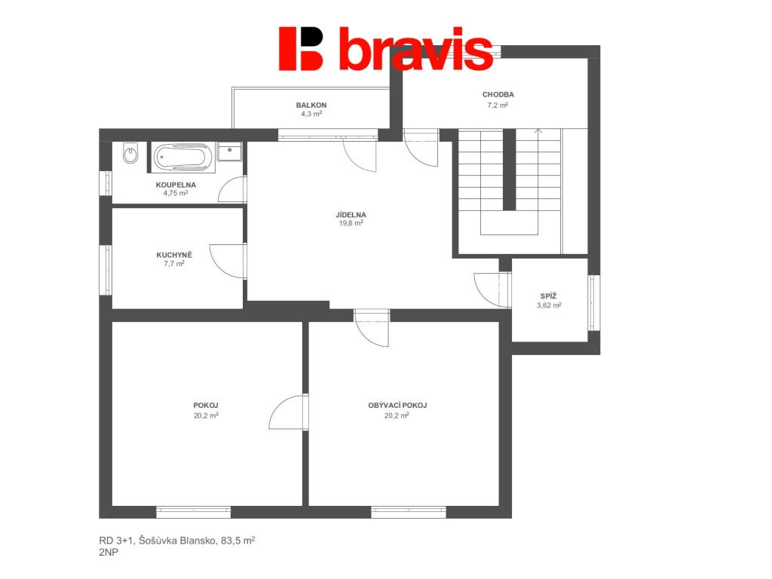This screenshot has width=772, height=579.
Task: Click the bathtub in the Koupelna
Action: [x=182, y=158]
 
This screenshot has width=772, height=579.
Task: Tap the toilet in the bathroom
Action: [x=130, y=153]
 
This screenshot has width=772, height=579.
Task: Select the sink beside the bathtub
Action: [x=229, y=152]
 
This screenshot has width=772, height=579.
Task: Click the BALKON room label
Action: [x=311, y=105]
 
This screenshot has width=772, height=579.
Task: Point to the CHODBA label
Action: [x=498, y=94]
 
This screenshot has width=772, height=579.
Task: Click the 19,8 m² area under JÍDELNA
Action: [x=351, y=223]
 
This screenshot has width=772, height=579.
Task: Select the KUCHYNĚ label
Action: [x=174, y=255]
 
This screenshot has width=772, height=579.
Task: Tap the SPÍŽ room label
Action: [x=549, y=296]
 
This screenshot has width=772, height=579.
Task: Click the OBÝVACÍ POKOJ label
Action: [x=397, y=405]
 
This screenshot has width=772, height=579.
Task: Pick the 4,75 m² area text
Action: [x=176, y=193]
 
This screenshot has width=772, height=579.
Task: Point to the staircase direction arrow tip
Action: [x=538, y=129]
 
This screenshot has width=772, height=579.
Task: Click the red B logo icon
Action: [x=301, y=49]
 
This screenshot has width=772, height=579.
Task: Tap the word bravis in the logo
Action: [x=416, y=49]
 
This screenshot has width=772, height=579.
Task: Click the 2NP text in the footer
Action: [x=109, y=553]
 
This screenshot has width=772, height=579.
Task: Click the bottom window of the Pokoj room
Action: [x=194, y=512]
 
